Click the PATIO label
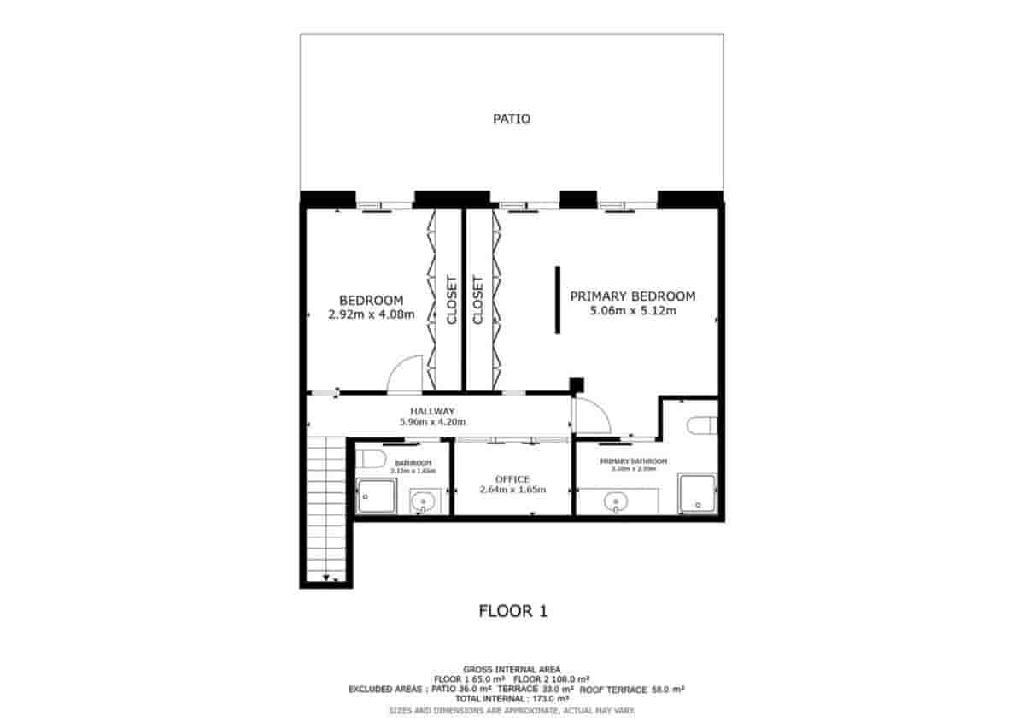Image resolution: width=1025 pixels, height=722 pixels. pyautogui.click(x=512, y=119)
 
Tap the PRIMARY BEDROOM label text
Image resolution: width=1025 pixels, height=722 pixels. pyautogui.click(x=632, y=296)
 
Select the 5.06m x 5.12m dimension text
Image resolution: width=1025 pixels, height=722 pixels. pyautogui.click(x=632, y=311)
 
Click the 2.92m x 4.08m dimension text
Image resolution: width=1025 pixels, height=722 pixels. pyautogui.click(x=371, y=314)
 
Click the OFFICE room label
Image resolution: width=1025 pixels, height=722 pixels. pyautogui.click(x=512, y=479)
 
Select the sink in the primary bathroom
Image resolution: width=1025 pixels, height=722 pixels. pyautogui.click(x=615, y=501)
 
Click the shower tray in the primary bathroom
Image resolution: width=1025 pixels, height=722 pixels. pyautogui.click(x=698, y=494)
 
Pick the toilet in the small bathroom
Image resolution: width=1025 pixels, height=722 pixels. pyautogui.click(x=370, y=460)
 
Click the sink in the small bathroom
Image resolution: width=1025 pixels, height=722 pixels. pyautogui.click(x=422, y=502)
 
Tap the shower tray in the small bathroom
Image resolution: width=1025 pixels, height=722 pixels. pyautogui.click(x=377, y=496)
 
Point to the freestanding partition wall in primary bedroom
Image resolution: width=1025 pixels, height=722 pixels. pyautogui.click(x=557, y=300)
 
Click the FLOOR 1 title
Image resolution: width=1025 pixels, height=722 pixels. pyautogui.click(x=512, y=611)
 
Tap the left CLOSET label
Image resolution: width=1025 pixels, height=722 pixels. pyautogui.click(x=450, y=299)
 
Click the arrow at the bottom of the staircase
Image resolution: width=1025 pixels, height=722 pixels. pyautogui.click(x=325, y=578)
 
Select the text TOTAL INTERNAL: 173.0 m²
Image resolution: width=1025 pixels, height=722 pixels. pyautogui.click(x=512, y=698)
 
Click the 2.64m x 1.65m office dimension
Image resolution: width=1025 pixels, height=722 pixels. pyautogui.click(x=512, y=490)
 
